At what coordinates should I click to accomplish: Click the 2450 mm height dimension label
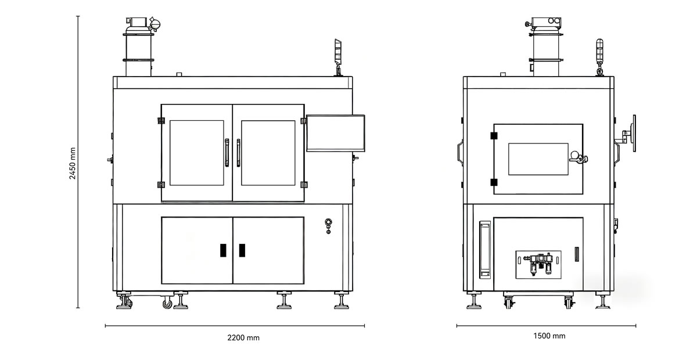pos(72,163)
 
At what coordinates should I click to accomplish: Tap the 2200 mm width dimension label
pos(243,337)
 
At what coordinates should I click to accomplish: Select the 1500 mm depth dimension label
pos(549,336)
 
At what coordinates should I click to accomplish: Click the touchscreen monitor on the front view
pos(336,133)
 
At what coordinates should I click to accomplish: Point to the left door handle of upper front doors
pos(227,153)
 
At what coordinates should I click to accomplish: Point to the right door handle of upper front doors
pos(238,153)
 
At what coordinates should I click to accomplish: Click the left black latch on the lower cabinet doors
pos(223,250)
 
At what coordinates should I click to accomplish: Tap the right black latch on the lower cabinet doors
pos(242,250)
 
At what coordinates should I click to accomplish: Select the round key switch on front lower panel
pos(328,222)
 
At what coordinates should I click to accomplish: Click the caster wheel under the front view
pos(167,303)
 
